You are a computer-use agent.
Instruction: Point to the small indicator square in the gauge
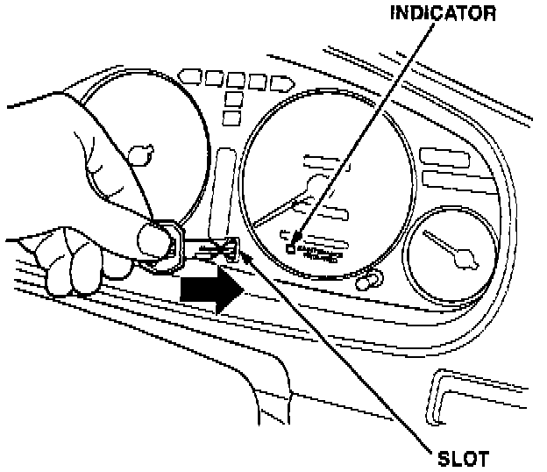point(290,247)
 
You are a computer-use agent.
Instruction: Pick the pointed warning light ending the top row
point(281,84)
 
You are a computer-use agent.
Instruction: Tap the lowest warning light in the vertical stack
point(232,118)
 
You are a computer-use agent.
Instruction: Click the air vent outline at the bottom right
point(473,399)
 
